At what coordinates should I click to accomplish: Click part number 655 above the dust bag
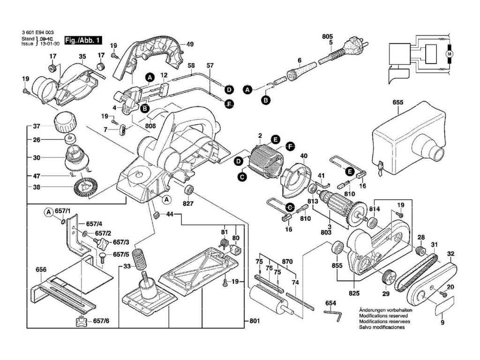pos(397,101)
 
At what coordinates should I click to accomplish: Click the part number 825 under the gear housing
pos(354,293)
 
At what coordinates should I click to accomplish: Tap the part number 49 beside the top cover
pos(190,44)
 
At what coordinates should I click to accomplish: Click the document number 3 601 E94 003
pos(38,32)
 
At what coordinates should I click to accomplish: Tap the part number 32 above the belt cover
pos(451,255)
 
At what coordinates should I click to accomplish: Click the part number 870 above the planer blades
pos(287,261)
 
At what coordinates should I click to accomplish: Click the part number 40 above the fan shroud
pos(303,156)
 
